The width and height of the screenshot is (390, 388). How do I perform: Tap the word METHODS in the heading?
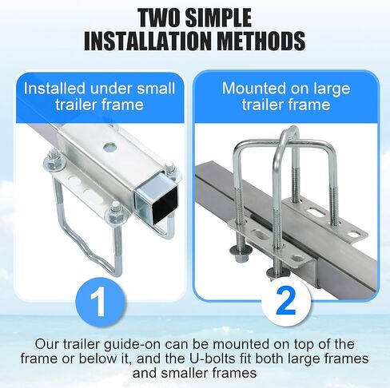tap(260, 40)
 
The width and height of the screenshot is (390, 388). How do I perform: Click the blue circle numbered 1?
tap(97, 302)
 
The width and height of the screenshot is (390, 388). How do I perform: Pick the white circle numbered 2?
tap(285, 301)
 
